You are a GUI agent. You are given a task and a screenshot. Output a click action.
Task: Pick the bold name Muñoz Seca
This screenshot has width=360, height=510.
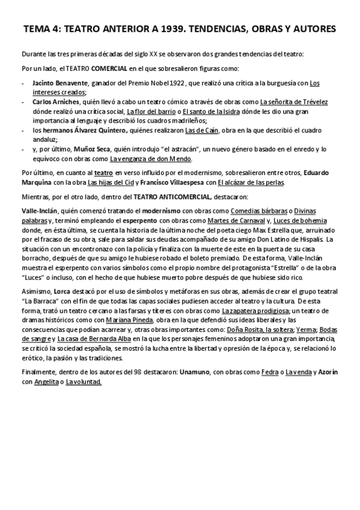coord(89,149)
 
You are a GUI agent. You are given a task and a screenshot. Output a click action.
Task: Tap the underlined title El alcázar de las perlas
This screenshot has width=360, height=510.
coord(251,182)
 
